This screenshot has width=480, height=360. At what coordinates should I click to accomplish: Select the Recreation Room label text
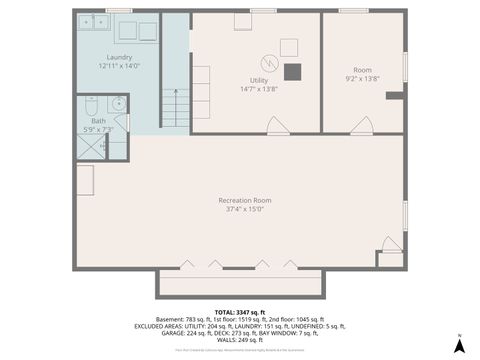[245, 200]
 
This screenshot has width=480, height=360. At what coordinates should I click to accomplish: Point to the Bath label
[98, 121]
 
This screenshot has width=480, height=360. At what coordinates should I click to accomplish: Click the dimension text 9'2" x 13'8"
[362, 78]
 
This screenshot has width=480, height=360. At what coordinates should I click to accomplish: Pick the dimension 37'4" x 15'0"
[245, 209]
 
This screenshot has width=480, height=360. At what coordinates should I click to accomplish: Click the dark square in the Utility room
[292, 72]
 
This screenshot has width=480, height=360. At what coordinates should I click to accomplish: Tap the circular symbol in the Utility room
[268, 58]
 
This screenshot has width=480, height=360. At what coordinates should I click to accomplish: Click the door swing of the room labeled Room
[363, 125]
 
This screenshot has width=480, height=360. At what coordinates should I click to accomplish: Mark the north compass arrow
[458, 344]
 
